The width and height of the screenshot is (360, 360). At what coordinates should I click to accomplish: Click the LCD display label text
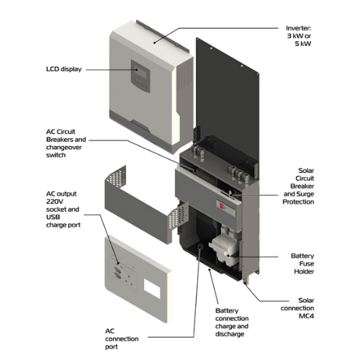pos(64,69)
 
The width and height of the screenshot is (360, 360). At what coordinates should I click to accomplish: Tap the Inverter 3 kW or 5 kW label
pos(299,36)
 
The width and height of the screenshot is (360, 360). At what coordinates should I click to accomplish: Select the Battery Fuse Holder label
pos(302,264)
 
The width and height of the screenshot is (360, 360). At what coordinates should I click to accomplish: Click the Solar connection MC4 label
pos(297,308)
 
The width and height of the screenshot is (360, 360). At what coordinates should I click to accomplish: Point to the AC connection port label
pos(122,338)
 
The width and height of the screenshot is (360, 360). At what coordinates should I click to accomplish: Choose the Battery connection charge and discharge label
pos(232,323)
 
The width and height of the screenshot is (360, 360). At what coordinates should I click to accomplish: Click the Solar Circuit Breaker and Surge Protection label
pos(298,186)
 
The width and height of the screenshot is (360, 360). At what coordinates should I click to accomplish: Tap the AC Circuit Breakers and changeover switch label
pos(66,143)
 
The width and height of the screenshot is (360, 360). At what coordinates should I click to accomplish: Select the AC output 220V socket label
pos(63,210)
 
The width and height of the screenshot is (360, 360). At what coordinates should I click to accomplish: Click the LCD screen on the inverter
pos(140,71)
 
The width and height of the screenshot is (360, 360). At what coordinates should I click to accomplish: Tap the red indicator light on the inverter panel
pos(144,84)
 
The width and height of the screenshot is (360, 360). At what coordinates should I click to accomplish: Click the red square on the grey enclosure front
pos(222,206)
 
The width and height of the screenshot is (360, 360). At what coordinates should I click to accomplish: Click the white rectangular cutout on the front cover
pos(152,288)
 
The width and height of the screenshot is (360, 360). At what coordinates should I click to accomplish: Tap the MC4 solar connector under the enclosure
pos(246,281)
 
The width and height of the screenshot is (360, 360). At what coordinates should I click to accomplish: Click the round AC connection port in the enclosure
pos(200,246)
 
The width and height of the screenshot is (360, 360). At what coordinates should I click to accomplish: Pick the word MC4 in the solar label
pos(306,316)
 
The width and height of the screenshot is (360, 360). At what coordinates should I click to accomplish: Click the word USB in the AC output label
pos(53,217)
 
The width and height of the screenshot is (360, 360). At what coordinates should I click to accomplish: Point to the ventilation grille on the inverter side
pos(184,74)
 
